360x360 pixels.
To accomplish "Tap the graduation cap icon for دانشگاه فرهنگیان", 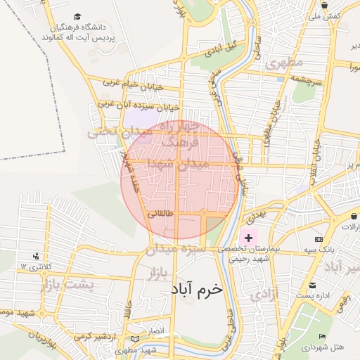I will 77,16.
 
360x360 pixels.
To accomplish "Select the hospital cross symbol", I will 248,239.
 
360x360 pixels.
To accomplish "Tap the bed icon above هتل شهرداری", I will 323,337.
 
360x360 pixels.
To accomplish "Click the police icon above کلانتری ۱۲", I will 36,256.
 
